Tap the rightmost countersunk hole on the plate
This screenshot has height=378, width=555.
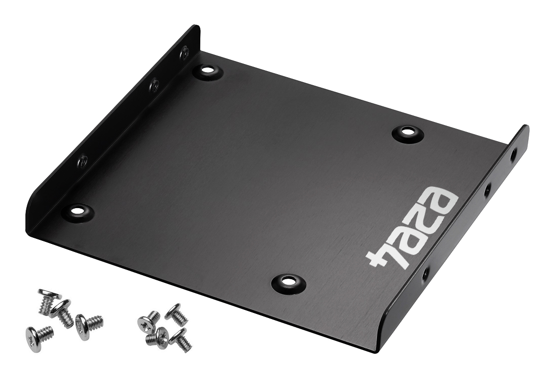[407, 133]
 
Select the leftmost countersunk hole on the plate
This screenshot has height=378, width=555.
[78, 211]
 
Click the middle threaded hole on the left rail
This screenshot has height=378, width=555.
[154, 84]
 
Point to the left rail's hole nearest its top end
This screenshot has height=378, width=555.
[184, 53]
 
